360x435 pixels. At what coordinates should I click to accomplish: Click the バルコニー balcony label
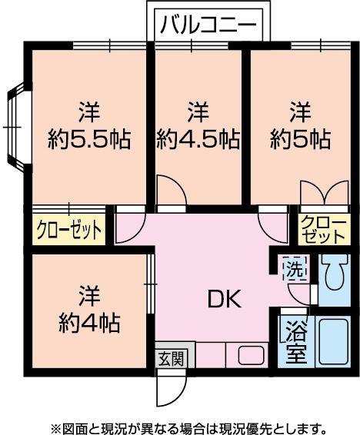[x=208, y=26]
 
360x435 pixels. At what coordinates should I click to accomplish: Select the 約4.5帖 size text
[x=198, y=140]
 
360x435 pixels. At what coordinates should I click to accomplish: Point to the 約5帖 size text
[x=300, y=140]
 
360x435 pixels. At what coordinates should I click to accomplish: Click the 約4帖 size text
[x=89, y=323]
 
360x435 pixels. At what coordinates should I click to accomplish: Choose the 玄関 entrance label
[x=171, y=357]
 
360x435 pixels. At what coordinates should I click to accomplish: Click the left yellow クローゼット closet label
[x=68, y=230]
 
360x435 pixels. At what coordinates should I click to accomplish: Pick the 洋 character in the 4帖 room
[x=89, y=295]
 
